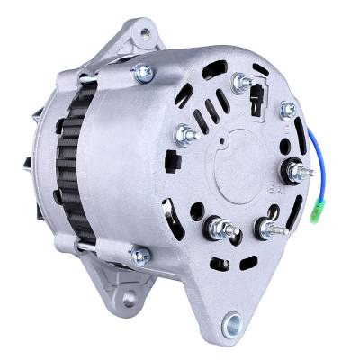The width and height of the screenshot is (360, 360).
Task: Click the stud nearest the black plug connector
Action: (239, 83)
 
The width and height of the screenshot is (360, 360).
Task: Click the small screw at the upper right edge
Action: (288, 109)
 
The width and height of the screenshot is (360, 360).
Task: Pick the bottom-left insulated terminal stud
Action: (215, 225)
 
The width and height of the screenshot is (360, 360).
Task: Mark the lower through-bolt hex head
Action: (139, 257)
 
